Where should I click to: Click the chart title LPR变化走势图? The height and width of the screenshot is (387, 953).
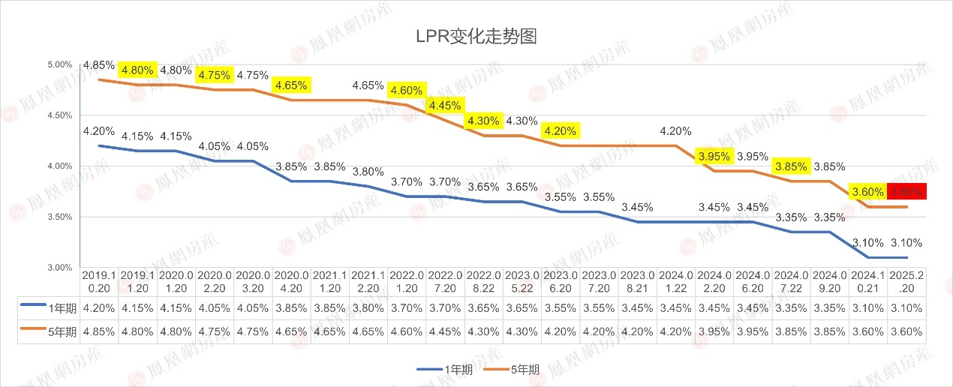(476, 36)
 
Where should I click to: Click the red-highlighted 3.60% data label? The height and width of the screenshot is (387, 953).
(907, 192)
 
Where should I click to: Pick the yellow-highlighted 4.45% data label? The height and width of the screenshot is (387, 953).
(445, 106)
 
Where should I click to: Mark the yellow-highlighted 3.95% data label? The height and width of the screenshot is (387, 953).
(713, 157)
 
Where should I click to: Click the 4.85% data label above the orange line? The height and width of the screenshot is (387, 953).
(99, 65)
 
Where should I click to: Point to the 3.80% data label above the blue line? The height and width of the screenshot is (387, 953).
(368, 171)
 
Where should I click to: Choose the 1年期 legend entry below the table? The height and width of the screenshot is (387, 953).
(444, 369)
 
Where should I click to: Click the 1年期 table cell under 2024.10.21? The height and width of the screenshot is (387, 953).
(868, 307)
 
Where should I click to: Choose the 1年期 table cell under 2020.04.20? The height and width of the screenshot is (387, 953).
(291, 307)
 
